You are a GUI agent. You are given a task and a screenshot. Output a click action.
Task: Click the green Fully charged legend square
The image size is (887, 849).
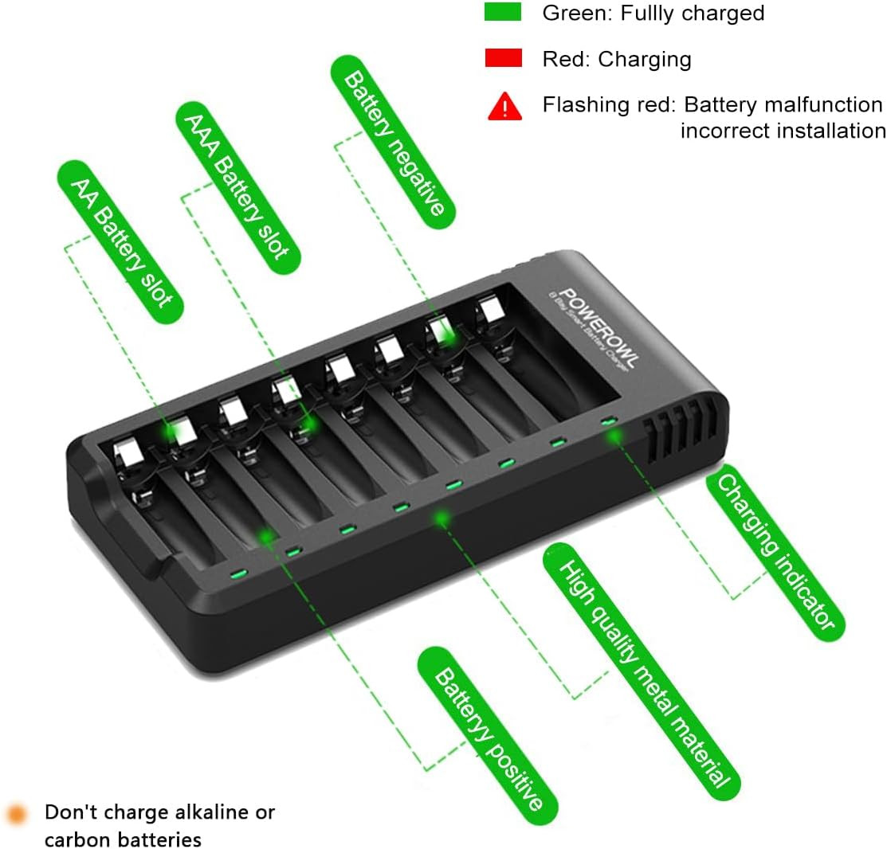502,12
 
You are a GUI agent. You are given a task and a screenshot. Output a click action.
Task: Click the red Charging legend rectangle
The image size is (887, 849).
504,58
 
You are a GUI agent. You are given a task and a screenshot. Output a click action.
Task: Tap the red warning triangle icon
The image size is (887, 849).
504,106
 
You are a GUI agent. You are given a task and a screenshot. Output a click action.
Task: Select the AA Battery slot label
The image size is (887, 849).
120,242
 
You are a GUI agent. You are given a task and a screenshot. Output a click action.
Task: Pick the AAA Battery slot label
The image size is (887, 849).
238,188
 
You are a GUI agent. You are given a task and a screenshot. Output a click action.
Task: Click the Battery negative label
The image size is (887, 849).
393,142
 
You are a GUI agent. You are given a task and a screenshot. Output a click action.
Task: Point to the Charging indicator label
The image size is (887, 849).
775,552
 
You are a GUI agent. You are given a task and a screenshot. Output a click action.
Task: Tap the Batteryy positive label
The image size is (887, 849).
488,736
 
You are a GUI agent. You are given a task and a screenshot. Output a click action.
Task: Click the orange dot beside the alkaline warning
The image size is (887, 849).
17,814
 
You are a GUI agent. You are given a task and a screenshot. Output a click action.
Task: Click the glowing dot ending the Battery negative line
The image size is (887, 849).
446,336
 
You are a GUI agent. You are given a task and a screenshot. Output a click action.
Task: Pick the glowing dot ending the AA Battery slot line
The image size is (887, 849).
170,433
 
